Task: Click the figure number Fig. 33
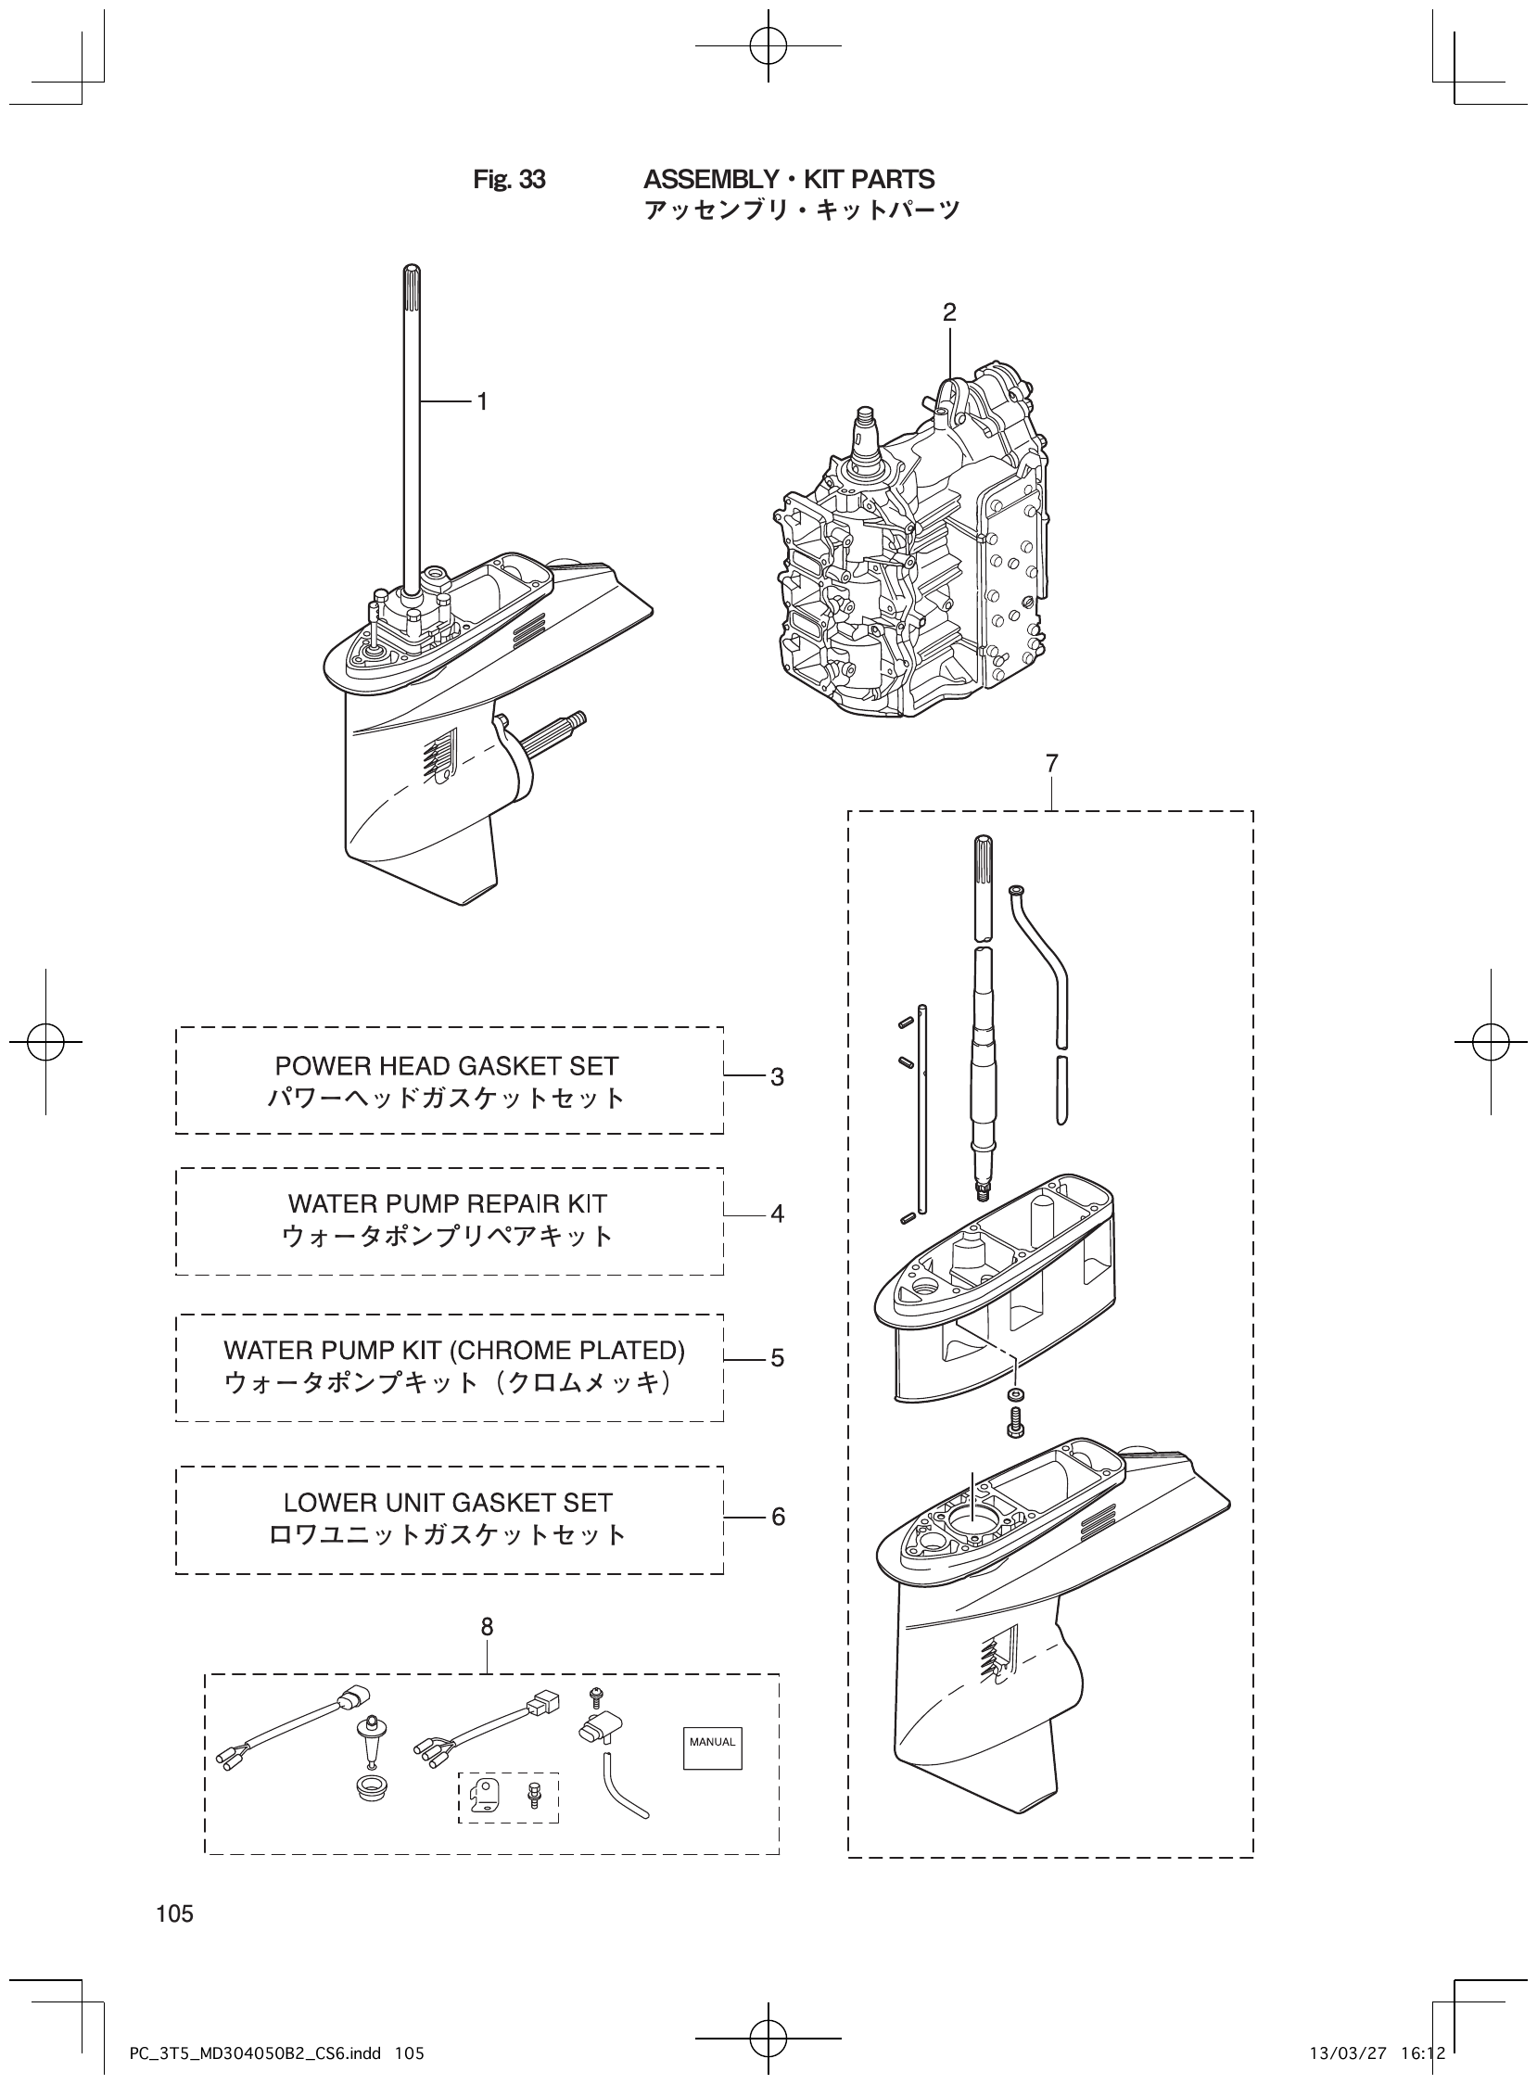pyautogui.click(x=509, y=180)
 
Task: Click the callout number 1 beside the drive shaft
pyautogui.click(x=482, y=401)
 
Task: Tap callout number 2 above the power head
pyautogui.click(x=949, y=312)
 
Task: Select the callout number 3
pyautogui.click(x=777, y=1077)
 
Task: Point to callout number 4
pyautogui.click(x=777, y=1214)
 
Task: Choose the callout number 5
pyautogui.click(x=777, y=1358)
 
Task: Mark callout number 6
pyautogui.click(x=778, y=1517)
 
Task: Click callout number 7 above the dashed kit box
pyautogui.click(x=1051, y=764)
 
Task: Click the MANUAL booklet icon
pyautogui.click(x=713, y=1742)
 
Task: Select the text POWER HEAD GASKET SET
pyautogui.click(x=447, y=1066)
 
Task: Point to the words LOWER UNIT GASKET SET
pyautogui.click(x=448, y=1504)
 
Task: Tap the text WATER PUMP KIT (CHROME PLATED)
pyautogui.click(x=454, y=1350)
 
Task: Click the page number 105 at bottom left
pyautogui.click(x=175, y=1913)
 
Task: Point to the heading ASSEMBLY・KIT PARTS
pyautogui.click(x=789, y=179)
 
